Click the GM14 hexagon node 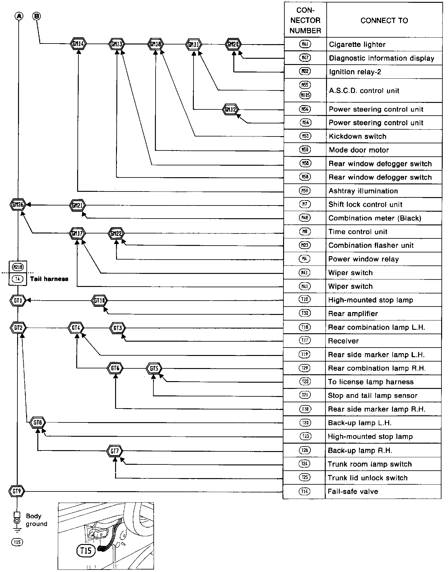pos(78,44)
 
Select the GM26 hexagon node pos(18,205)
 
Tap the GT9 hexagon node pos(17,491)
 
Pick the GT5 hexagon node pos(154,369)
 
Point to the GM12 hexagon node pos(231,109)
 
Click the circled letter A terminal pos(19,16)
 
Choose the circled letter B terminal pos(37,16)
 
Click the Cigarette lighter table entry pos(357,45)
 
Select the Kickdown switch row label pos(357,136)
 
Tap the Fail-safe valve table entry pos(353,491)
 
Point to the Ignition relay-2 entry pos(355,72)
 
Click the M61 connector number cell pos(305,44)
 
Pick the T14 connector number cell pos(304,491)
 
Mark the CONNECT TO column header pos(384,21)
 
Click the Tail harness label pos(49,279)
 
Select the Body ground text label pos(36,520)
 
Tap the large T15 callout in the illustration pos(86,551)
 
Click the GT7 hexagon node pos(115,451)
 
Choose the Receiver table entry pos(343,341)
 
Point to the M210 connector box pos(17,267)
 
